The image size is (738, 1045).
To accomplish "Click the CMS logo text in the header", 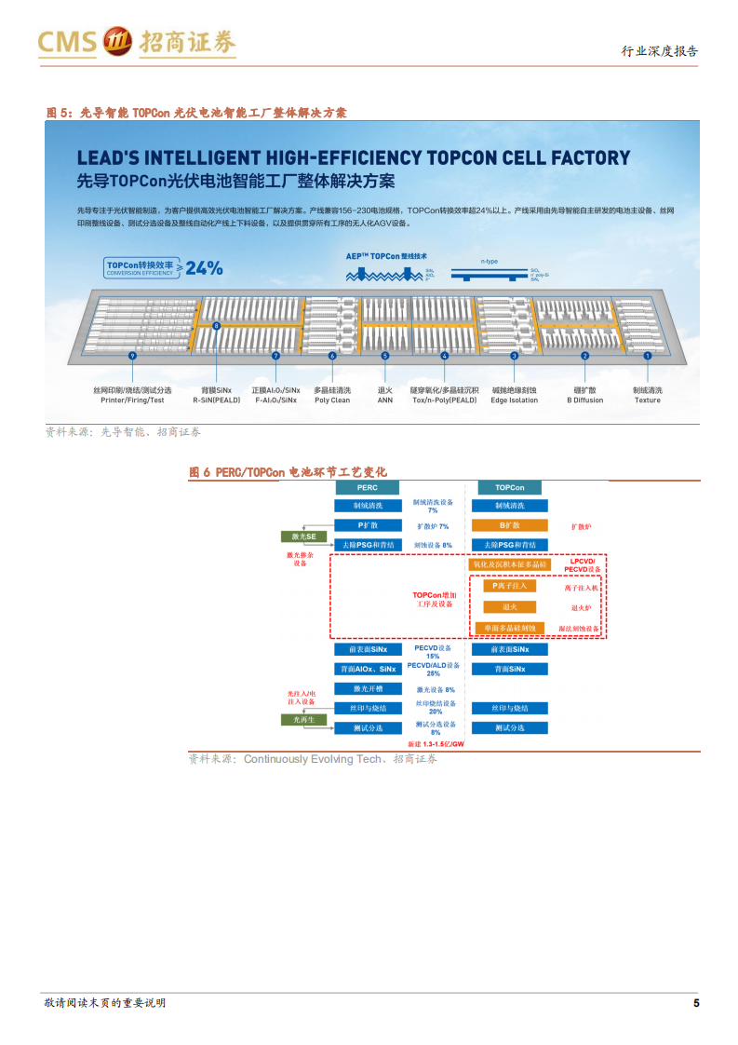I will click(x=67, y=43).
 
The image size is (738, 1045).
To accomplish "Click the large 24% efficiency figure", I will click(x=204, y=268).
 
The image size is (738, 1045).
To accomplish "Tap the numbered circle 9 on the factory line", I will click(x=133, y=356).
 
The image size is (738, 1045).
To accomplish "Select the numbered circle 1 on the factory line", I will click(x=647, y=356).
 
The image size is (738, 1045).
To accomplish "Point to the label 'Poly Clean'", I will click(x=332, y=400).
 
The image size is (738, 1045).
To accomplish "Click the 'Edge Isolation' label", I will click(x=515, y=400).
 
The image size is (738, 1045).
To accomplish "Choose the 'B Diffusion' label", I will click(x=584, y=400).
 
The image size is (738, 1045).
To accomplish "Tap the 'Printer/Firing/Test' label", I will click(x=132, y=400).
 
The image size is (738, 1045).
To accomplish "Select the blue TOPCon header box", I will click(x=510, y=487).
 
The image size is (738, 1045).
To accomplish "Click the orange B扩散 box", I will click(x=510, y=525).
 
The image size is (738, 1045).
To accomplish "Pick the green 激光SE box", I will click(x=304, y=536).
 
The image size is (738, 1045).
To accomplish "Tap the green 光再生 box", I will click(x=304, y=719).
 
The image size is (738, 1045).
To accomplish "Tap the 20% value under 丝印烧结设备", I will click(x=436, y=712).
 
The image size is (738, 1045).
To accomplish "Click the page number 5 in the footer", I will click(x=695, y=1003).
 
